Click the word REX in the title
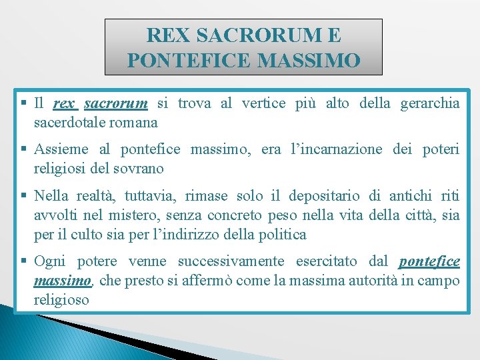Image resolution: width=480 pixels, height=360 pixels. pos(167,34)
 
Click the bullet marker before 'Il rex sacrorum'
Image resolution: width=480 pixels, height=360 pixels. pos(24,103)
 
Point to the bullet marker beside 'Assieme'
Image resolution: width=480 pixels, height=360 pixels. pos(24,149)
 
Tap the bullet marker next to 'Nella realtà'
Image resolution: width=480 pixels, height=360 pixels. pos(24,196)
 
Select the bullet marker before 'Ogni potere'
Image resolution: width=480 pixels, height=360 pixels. pos(24,261)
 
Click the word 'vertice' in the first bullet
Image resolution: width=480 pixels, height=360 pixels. pos(262,103)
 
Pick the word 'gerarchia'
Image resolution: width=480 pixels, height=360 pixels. pos(430,103)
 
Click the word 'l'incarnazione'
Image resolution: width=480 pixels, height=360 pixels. pos(331,149)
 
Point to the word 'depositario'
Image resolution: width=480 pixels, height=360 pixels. pos(324,196)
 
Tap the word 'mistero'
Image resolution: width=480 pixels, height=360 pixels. pos(146,215)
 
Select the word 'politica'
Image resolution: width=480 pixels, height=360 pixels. pos(282,235)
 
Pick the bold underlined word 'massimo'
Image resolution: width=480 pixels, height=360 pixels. pos(64,281)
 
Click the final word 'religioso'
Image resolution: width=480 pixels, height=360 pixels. pos(61,300)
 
